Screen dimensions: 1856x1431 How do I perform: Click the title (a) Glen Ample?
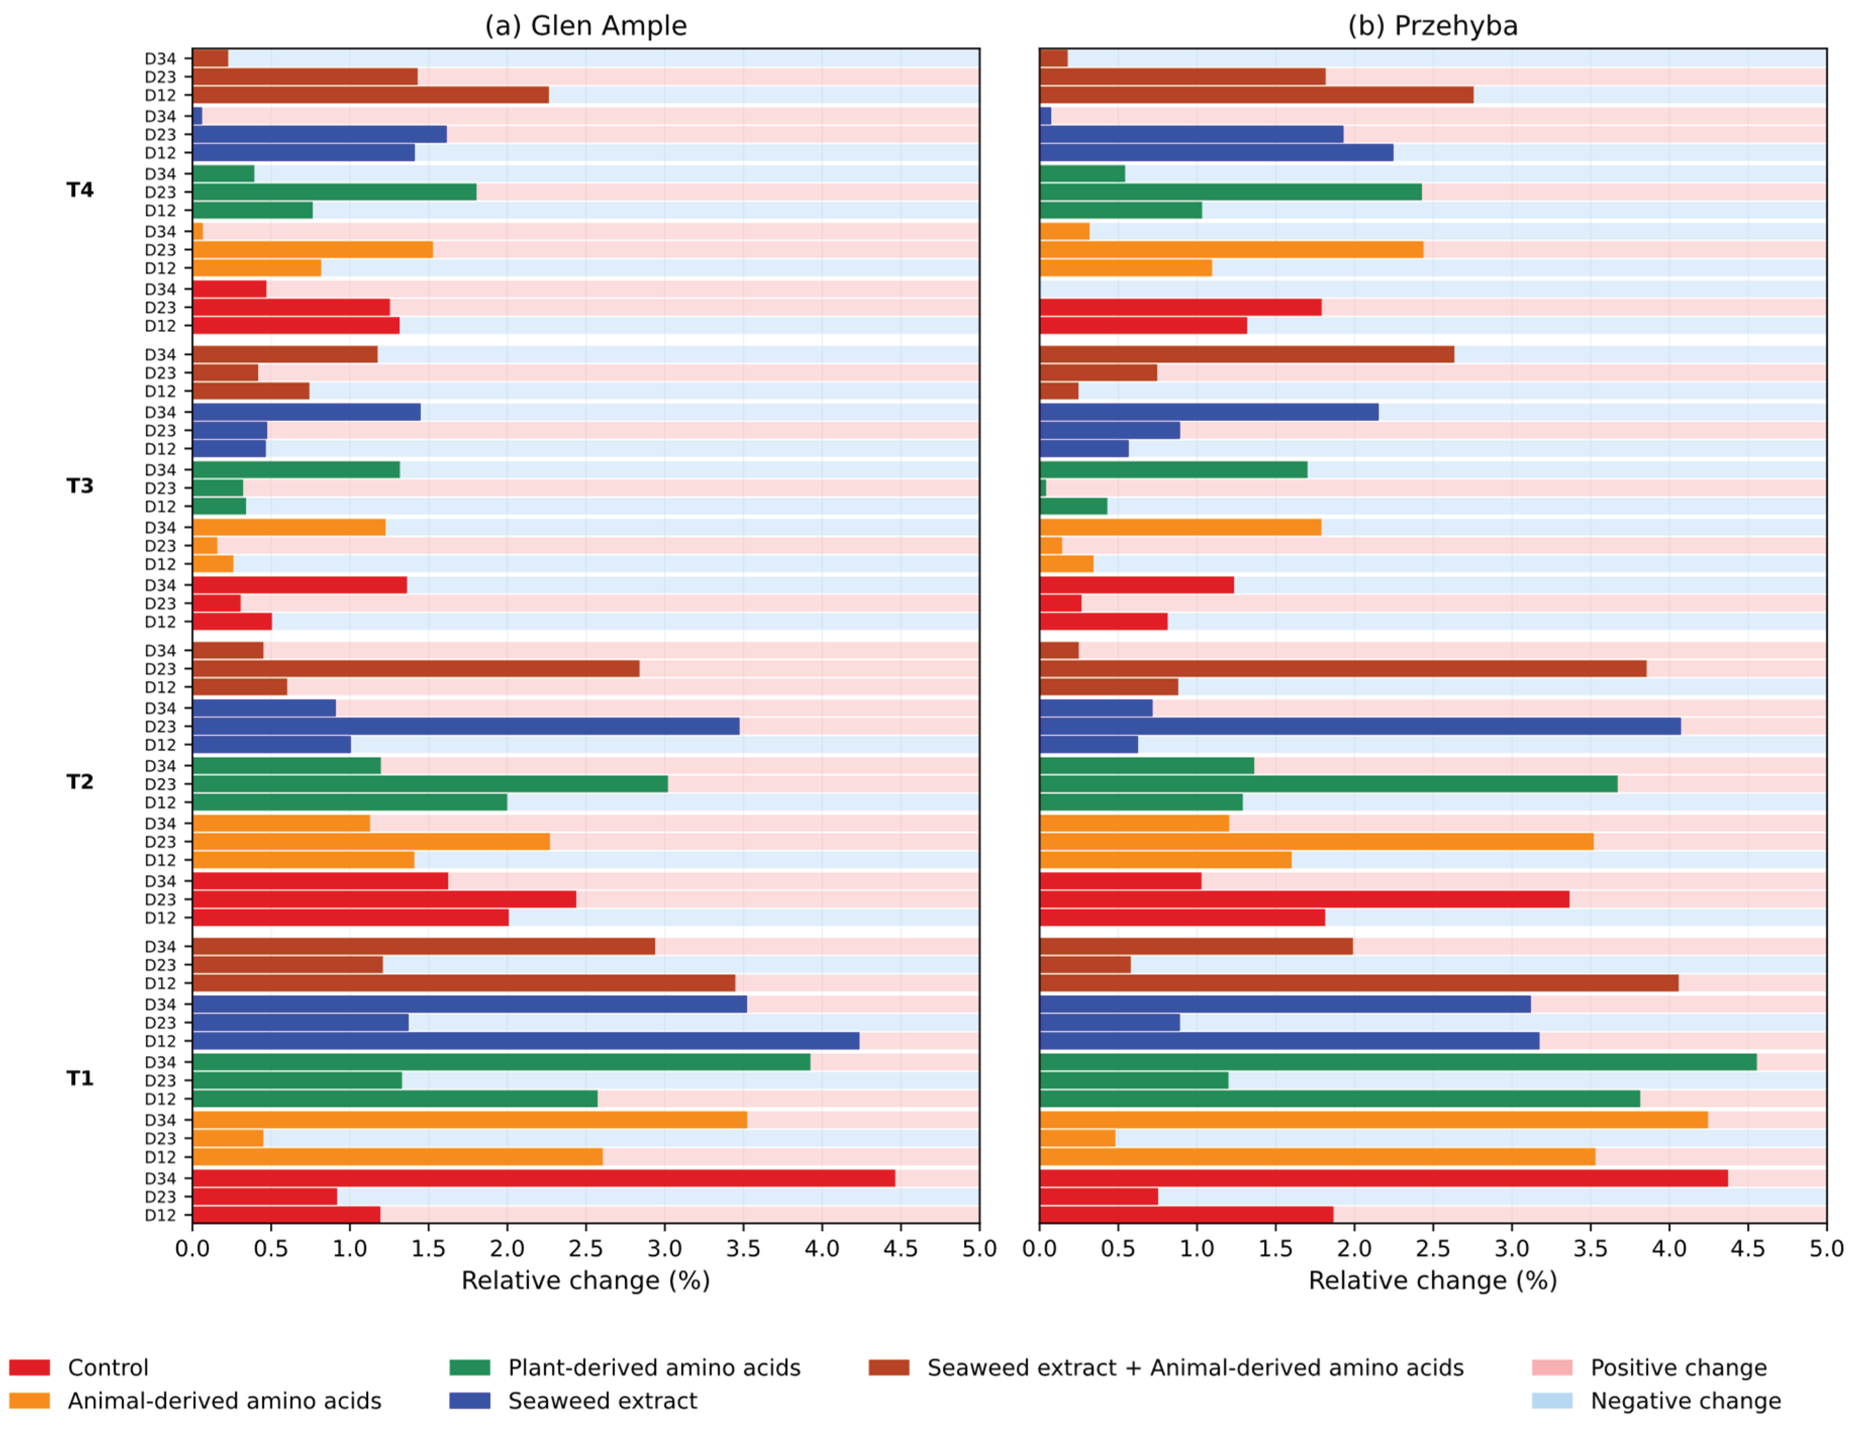point(585,26)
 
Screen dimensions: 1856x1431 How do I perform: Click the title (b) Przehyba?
point(1433,26)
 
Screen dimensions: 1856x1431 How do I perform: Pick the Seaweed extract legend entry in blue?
point(574,1400)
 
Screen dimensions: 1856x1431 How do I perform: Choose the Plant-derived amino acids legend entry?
point(625,1367)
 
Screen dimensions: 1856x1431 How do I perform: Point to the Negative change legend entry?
point(1657,1400)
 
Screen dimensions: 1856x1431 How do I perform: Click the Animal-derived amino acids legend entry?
point(195,1400)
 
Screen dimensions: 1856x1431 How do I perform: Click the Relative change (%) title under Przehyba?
point(1433,1280)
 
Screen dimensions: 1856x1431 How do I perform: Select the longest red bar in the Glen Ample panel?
point(544,1178)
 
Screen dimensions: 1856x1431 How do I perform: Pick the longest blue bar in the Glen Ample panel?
point(526,1041)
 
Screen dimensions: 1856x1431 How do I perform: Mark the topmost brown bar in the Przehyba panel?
point(1054,58)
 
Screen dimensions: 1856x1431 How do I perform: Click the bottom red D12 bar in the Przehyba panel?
point(1186,1214)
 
